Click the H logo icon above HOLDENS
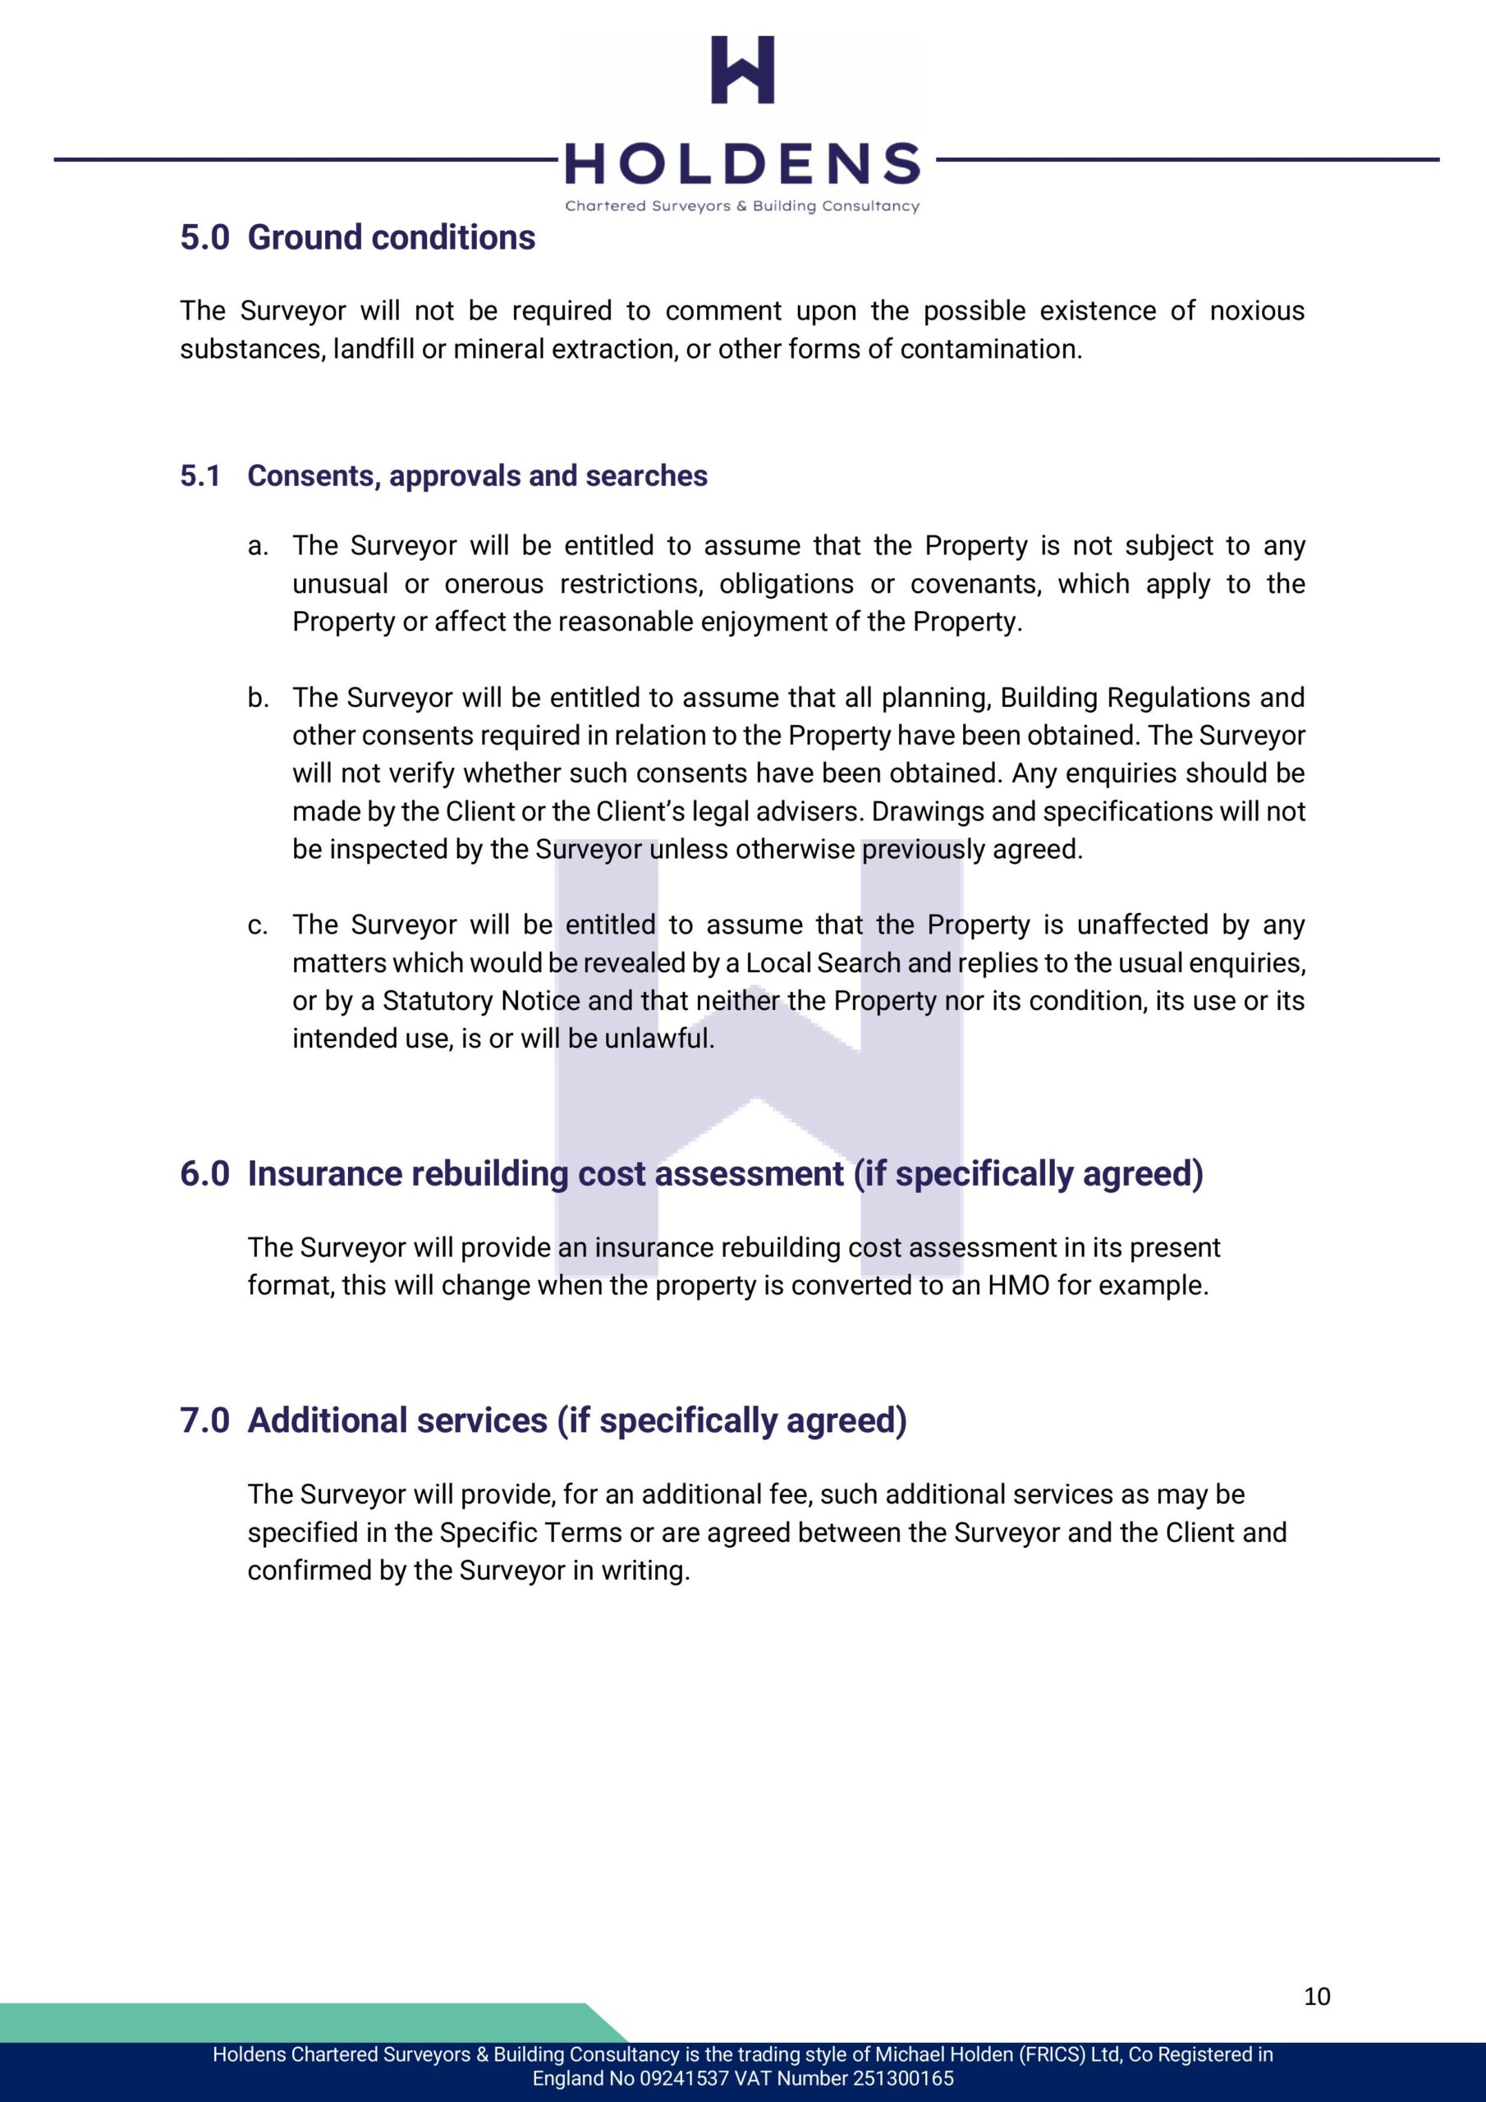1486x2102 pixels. [742, 70]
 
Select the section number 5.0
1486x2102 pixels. [204, 238]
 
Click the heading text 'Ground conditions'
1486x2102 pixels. [391, 238]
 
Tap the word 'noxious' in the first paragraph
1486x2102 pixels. [1256, 311]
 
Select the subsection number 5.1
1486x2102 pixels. [200, 476]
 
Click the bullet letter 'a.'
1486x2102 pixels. [258, 547]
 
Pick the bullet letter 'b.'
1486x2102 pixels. [258, 699]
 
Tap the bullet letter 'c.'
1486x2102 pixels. [258, 925]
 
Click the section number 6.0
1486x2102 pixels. [204, 1175]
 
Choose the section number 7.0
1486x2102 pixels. [204, 1420]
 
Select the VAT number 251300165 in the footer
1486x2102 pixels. [901, 2078]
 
